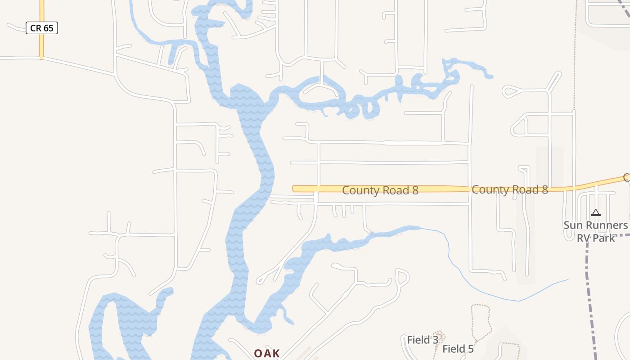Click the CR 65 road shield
42,28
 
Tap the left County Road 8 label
380,190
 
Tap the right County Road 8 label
510,190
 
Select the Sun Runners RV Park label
596,231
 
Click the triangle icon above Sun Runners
596,212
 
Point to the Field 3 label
423,340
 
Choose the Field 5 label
458,349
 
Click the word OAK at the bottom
267,354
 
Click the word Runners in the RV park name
606,225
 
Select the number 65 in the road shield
48,28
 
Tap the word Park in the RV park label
606,238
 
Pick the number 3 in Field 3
435,340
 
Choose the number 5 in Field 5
470,349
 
